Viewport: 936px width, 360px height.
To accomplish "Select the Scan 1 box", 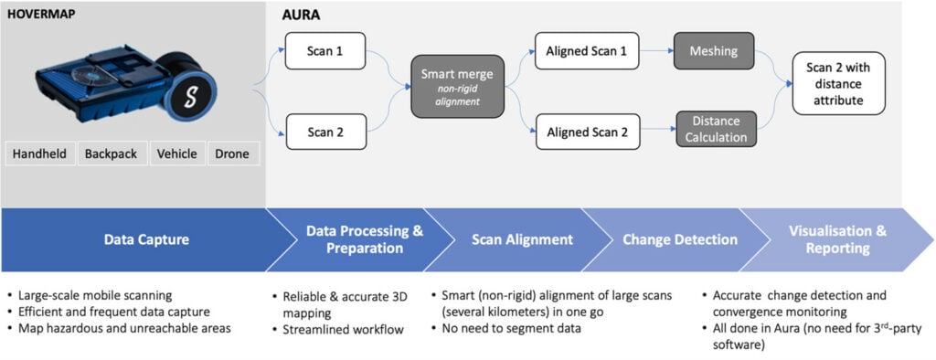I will pyautogui.click(x=325, y=51).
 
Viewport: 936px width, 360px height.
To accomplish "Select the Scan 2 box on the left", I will pyautogui.click(x=325, y=132).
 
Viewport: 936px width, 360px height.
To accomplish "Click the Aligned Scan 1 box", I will pyautogui.click(x=586, y=51).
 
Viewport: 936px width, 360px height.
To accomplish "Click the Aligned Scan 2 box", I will pyautogui.click(x=586, y=132).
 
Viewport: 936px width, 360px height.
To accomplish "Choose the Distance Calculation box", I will pyautogui.click(x=717, y=129).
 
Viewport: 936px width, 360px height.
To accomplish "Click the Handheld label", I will pyautogui.click(x=39, y=154).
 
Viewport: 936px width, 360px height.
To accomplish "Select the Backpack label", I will pyautogui.click(x=111, y=154).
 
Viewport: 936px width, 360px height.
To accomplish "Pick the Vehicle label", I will pyautogui.click(x=176, y=154).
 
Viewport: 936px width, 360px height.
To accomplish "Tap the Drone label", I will pyautogui.click(x=231, y=154).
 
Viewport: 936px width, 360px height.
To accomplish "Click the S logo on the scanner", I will pyautogui.click(x=191, y=97).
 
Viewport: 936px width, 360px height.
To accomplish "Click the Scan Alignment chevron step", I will pyautogui.click(x=522, y=239).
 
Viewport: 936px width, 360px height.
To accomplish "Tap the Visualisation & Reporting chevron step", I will pyautogui.click(x=837, y=239).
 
